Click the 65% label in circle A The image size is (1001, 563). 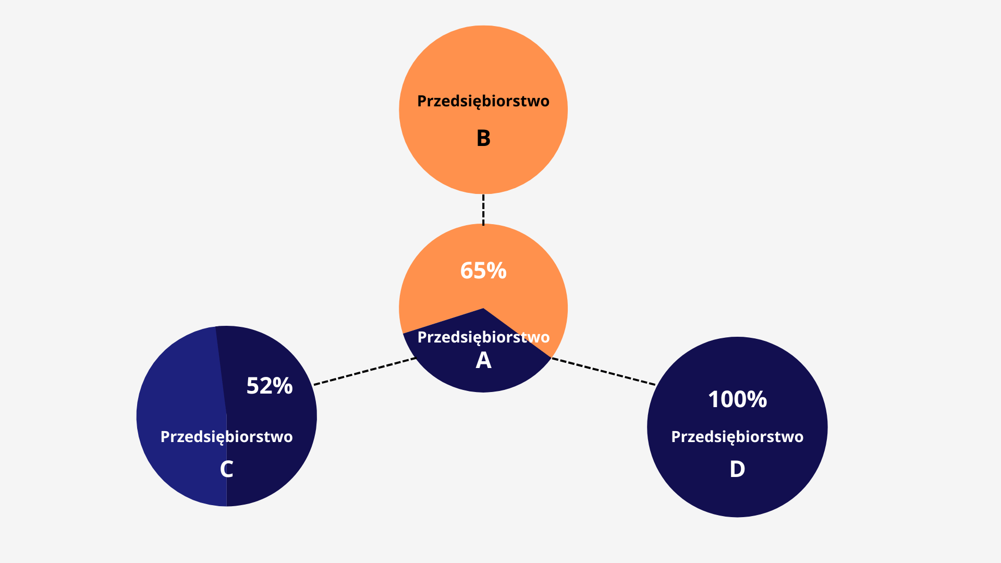(x=483, y=271)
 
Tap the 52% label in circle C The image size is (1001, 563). (x=270, y=386)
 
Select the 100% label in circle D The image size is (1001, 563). (x=737, y=399)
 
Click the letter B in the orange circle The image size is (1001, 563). (x=483, y=138)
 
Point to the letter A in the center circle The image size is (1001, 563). (x=483, y=360)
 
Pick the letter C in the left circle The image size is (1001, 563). (x=226, y=469)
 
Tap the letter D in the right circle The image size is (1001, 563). (x=737, y=469)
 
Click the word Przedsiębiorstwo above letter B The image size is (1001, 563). (x=483, y=101)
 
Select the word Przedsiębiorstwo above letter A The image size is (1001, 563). (x=483, y=337)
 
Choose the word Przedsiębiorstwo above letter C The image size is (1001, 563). (x=226, y=437)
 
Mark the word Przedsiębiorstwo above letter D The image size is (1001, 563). (x=737, y=437)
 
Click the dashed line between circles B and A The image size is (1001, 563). (x=483, y=210)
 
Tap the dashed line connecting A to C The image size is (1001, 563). (x=365, y=371)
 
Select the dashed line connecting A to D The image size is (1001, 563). (x=604, y=371)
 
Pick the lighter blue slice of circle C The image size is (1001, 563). (x=180, y=417)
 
